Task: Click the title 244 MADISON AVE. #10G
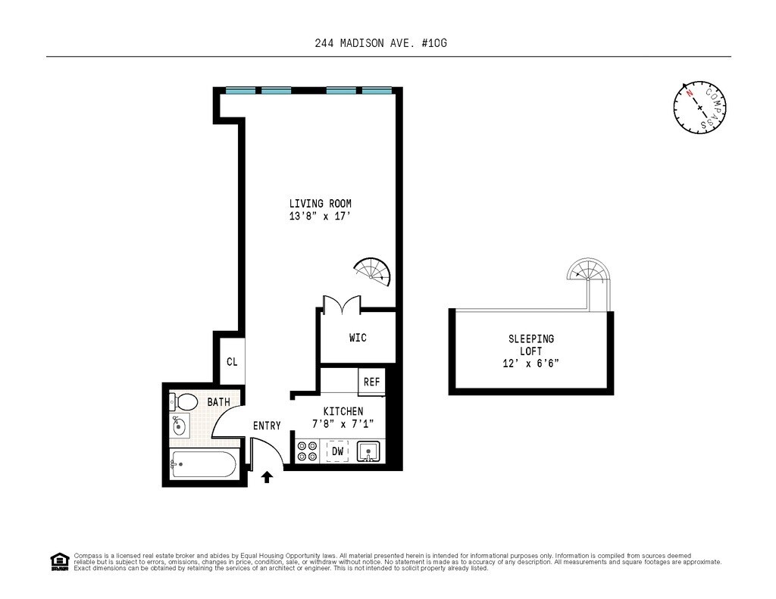click(386, 43)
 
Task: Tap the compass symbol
click(699, 108)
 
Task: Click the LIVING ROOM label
click(320, 204)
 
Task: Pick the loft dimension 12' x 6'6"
click(530, 363)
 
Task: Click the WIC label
click(358, 338)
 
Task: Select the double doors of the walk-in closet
click(342, 305)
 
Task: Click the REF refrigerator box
click(371, 382)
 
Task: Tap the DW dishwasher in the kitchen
click(338, 452)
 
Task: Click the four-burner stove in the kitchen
click(307, 451)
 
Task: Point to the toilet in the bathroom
click(183, 401)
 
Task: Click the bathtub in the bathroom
click(204, 463)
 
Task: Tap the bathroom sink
click(179, 426)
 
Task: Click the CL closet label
click(232, 362)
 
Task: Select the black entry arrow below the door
click(267, 477)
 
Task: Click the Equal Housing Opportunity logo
click(59, 561)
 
